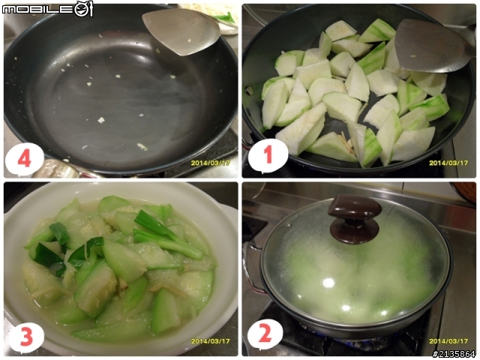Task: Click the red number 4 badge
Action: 25,159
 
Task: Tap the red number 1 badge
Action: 268,155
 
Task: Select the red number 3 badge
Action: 26,337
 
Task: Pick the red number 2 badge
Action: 265,333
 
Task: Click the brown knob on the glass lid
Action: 355,218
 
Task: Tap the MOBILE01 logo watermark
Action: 47,9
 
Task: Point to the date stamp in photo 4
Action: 210,163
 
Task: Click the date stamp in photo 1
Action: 448,163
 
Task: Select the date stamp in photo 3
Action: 210,341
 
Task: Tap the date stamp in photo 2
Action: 448,341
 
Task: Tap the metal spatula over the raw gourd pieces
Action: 432,46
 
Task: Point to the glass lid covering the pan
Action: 355,263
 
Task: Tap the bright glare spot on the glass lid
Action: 328,283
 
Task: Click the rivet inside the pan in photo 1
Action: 250,91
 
